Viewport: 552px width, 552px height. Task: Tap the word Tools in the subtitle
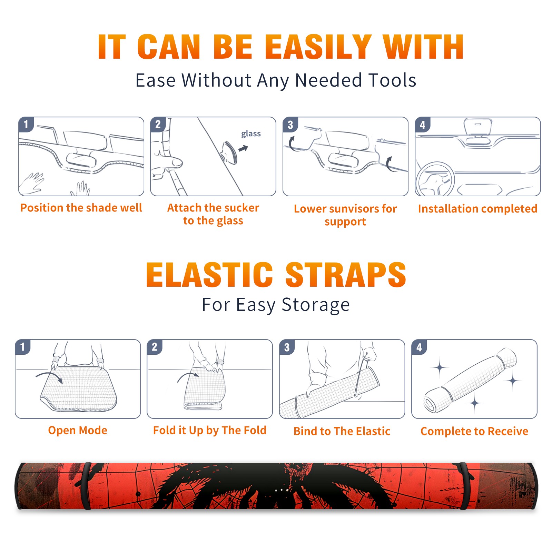(393, 80)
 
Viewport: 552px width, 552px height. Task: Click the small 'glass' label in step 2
(251, 134)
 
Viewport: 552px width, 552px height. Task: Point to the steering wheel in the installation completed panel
(435, 179)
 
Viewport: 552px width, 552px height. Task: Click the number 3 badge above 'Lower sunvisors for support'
(290, 125)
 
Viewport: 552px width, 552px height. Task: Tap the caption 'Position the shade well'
(81, 208)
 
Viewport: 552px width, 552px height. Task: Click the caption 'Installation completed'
(477, 208)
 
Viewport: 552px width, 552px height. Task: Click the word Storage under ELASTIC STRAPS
(316, 305)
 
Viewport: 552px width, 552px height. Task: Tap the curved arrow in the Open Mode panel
(49, 377)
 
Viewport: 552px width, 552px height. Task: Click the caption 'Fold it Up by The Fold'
(210, 430)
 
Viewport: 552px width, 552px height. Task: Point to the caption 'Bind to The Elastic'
(342, 431)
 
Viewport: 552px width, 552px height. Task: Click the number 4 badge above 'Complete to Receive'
(419, 347)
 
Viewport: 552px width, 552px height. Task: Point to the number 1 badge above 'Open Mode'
(23, 347)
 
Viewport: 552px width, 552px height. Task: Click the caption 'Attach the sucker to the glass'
(213, 214)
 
